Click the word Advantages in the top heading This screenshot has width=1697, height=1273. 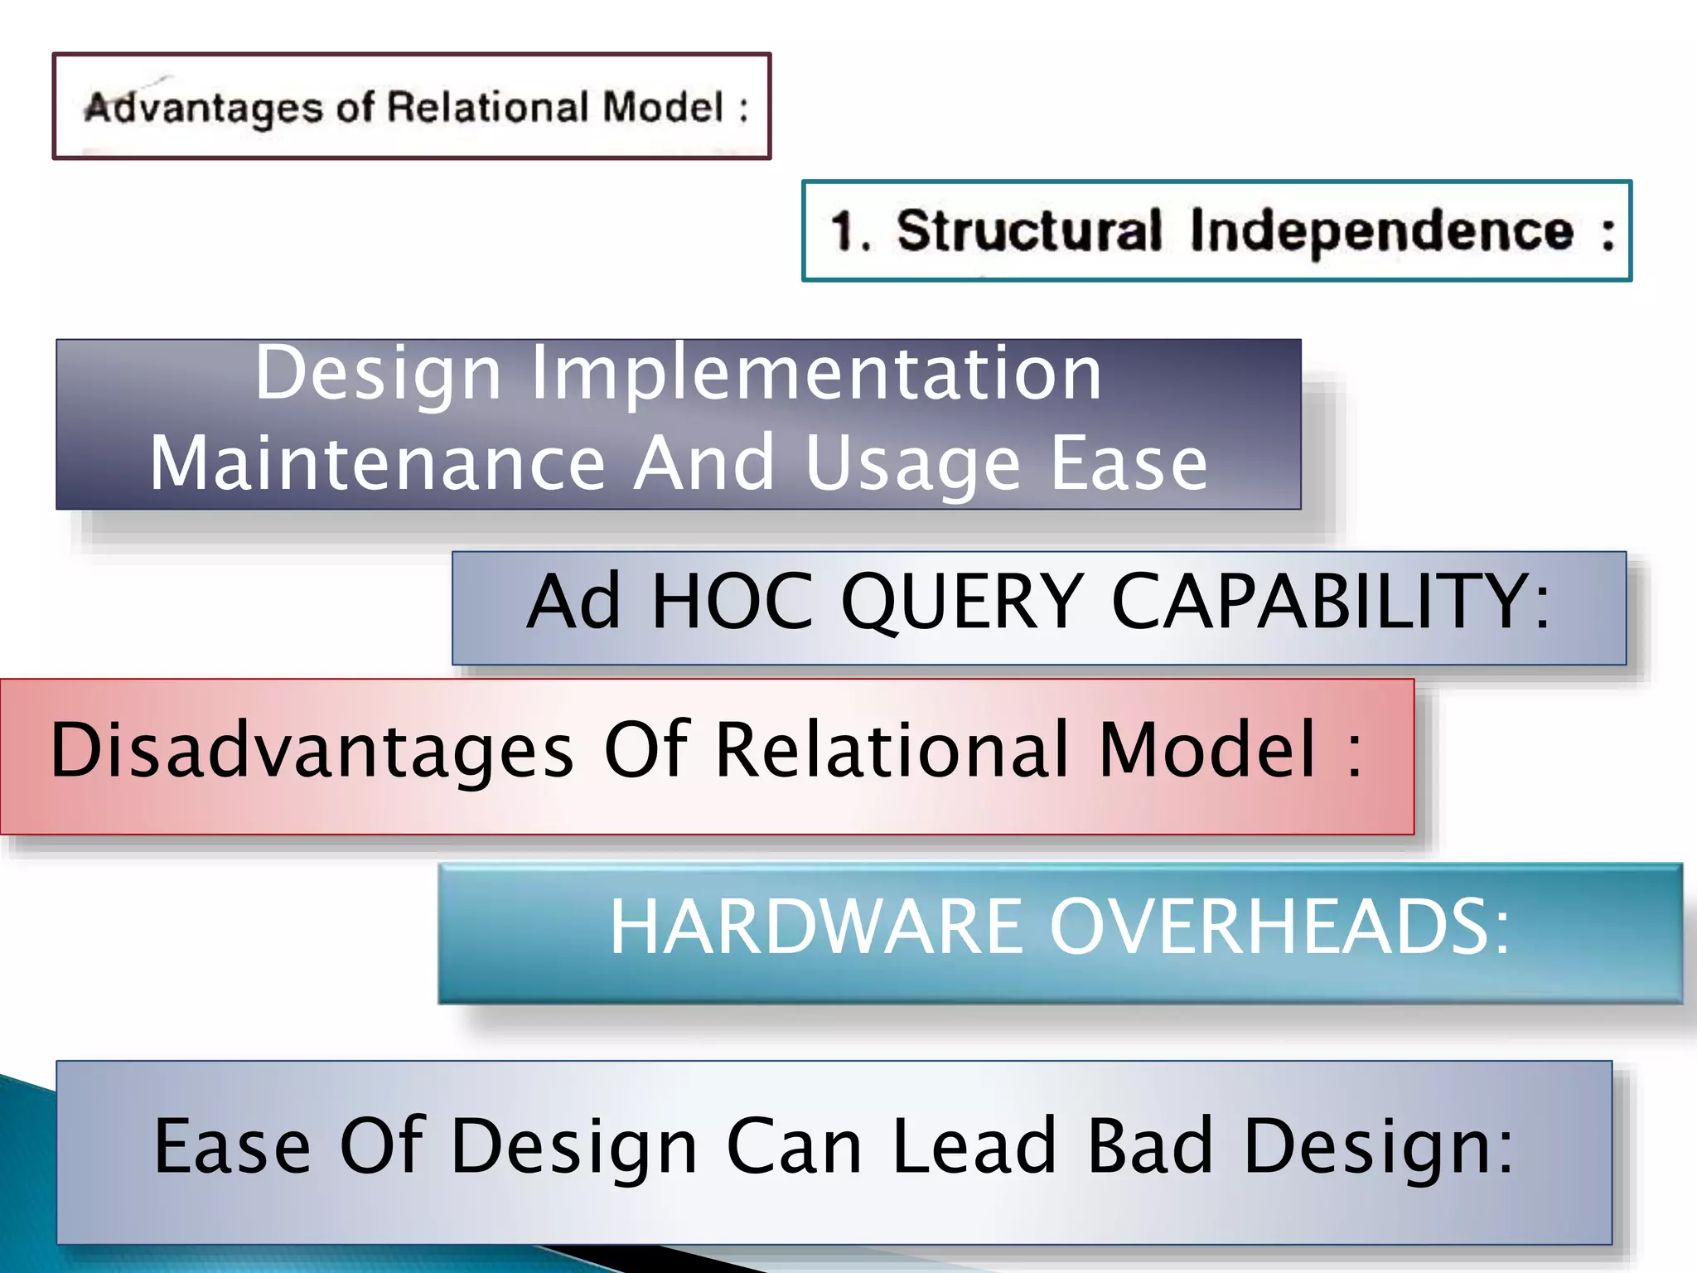click(203, 109)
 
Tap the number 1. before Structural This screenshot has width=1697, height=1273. click(850, 231)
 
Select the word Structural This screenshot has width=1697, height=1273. click(1029, 231)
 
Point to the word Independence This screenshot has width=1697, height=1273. click(1381, 231)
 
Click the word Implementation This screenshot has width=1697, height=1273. click(816, 374)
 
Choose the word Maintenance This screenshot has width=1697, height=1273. click(377, 463)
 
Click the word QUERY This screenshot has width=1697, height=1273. click(962, 602)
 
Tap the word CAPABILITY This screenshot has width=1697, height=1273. click(1329, 602)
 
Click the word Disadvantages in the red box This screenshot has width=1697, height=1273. click(312, 750)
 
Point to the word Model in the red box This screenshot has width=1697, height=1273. click(1207, 750)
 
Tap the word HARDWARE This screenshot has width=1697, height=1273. click(815, 927)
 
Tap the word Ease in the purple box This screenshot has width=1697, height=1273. click(1129, 463)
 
